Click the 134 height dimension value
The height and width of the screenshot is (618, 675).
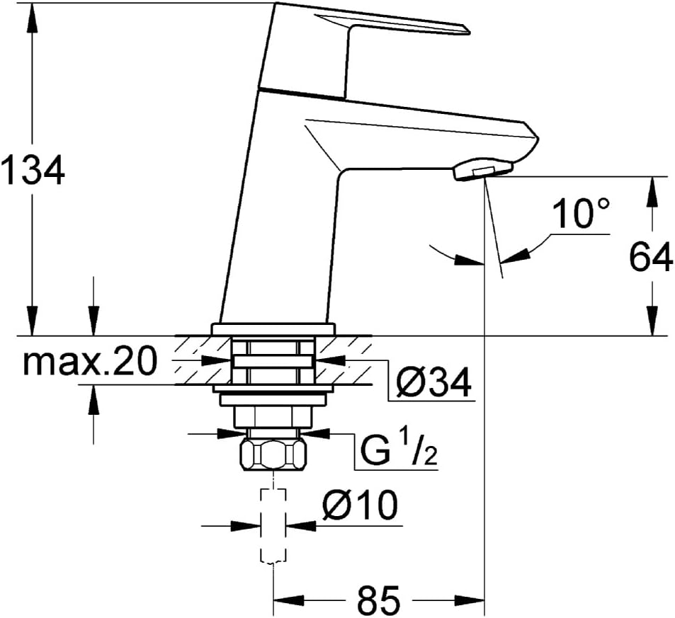coord(33,170)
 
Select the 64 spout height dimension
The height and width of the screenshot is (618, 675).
coord(651,256)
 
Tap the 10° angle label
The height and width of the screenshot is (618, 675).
coord(582,213)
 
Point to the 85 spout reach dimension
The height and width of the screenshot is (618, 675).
coord(379,599)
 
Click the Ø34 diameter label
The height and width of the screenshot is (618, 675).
coord(433,382)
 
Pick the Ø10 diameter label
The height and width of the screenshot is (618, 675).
coord(360,505)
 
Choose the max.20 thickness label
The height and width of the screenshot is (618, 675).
coord(89,362)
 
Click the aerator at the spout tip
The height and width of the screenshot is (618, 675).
coord(482,169)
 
